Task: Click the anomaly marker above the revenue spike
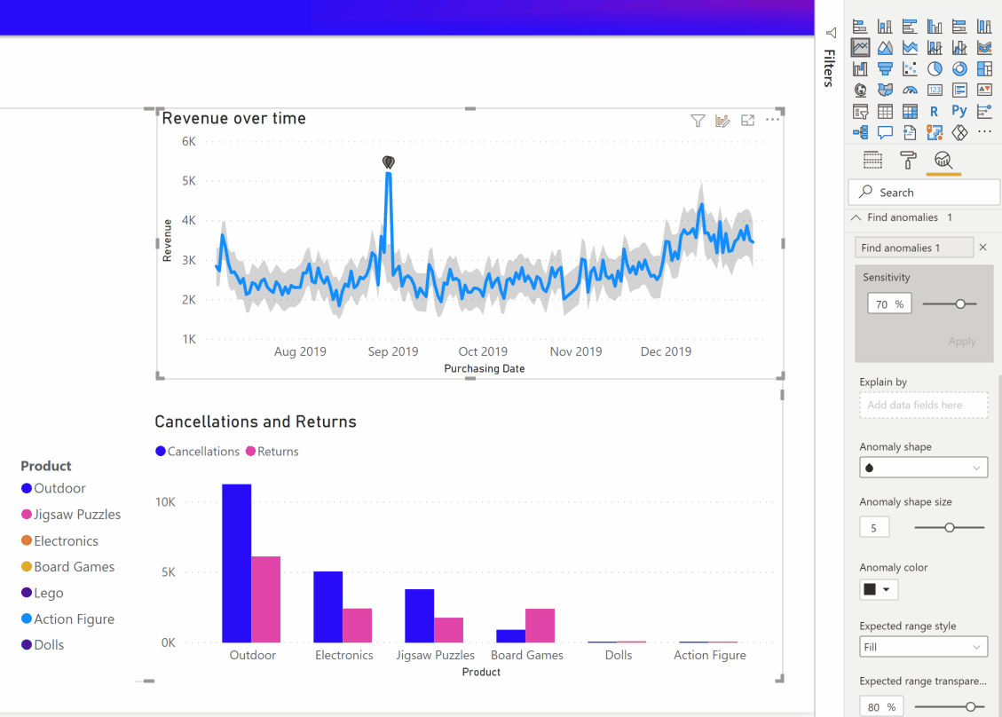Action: click(x=388, y=162)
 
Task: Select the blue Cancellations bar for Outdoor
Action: click(x=237, y=563)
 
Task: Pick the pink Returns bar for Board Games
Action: click(x=540, y=625)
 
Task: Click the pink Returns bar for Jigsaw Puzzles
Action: click(x=448, y=629)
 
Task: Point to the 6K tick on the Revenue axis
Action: click(x=188, y=141)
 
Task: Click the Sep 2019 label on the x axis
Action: click(x=392, y=351)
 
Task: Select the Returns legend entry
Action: click(x=272, y=452)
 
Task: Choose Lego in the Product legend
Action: click(x=48, y=593)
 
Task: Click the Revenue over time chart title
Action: click(x=233, y=118)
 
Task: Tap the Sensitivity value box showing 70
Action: click(x=889, y=303)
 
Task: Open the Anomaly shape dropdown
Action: click(x=923, y=468)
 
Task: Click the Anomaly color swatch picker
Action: click(x=878, y=589)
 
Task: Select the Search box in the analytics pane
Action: click(x=923, y=193)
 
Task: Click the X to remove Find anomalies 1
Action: click(x=982, y=248)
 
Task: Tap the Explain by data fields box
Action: click(x=923, y=405)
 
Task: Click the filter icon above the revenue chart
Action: click(x=698, y=121)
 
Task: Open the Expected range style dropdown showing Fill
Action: click(x=923, y=647)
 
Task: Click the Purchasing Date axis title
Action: click(x=484, y=368)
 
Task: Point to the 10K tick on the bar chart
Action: click(x=165, y=502)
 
